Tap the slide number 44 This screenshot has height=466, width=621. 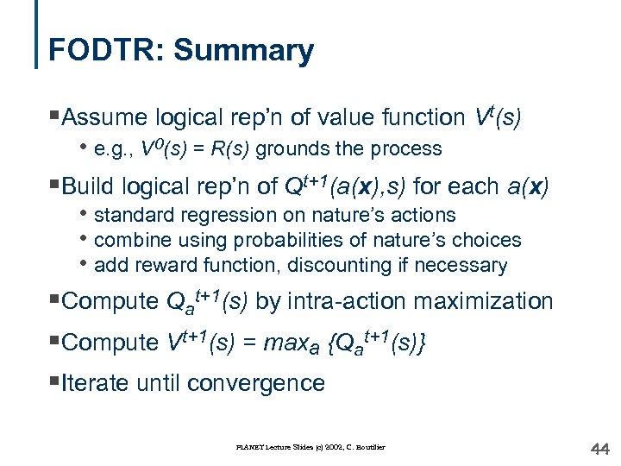[x=599, y=447]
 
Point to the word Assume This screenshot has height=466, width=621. [x=109, y=117]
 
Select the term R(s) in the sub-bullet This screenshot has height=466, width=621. [x=229, y=149]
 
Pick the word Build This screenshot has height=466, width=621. [x=89, y=186]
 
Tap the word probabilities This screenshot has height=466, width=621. [x=271, y=240]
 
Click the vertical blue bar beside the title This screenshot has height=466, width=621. [x=37, y=35]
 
